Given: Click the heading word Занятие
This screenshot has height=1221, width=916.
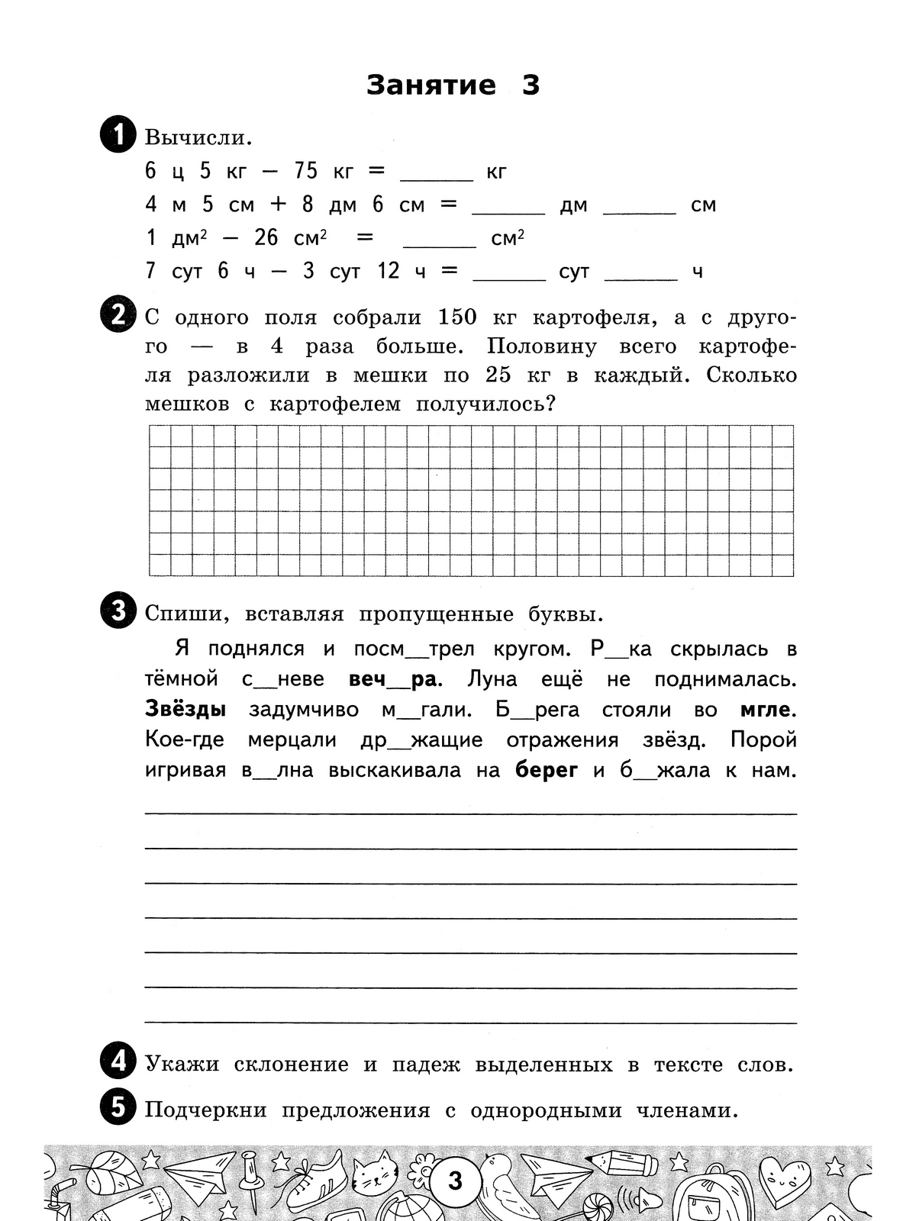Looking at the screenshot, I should (431, 85).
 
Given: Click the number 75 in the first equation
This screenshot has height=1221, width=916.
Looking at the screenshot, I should (305, 171).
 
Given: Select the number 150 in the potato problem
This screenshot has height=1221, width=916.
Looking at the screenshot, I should (457, 317).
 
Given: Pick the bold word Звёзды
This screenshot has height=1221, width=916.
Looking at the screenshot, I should (185, 710).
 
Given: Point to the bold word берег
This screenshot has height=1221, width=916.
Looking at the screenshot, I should (547, 770).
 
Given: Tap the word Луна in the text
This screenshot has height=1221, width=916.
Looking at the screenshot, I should (492, 679).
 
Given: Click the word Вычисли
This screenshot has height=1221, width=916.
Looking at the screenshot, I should (198, 138).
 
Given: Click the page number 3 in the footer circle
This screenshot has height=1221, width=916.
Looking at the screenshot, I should (456, 1181).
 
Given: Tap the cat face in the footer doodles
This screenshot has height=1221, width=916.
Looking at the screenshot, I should (379, 1177).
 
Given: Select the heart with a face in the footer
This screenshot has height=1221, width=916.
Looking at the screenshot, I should (789, 1179).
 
